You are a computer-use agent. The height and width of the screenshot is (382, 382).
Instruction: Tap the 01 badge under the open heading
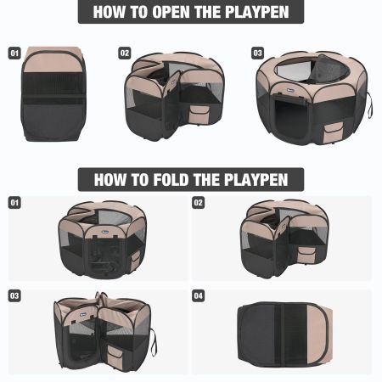[14, 53]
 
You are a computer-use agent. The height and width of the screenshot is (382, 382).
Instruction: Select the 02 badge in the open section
[125, 53]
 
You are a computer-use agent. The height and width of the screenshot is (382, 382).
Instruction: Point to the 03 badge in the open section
[257, 53]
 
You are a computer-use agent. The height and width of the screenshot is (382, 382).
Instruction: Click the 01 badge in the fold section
[14, 203]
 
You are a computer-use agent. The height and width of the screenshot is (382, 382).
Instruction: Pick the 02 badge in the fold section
[198, 203]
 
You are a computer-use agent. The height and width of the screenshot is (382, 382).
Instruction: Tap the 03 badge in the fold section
[14, 295]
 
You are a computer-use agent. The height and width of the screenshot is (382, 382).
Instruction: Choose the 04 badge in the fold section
[198, 295]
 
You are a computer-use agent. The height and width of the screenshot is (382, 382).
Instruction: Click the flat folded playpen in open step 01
[53, 94]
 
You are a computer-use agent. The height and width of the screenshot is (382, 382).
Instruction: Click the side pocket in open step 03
[333, 132]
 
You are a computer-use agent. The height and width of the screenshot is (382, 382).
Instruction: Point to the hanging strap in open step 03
[371, 104]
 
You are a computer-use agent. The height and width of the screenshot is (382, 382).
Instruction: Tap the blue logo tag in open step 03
[290, 91]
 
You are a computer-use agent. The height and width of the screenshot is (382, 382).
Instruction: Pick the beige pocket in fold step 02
[306, 255]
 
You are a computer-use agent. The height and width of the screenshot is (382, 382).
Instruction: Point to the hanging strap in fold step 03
[154, 342]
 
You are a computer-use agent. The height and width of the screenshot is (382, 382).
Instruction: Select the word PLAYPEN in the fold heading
[256, 180]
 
